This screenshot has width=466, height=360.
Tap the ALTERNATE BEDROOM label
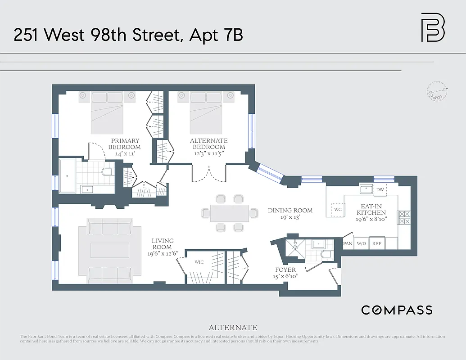click(x=208, y=144)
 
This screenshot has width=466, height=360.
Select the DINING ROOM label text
click(x=290, y=210)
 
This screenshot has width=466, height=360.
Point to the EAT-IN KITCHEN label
click(x=371, y=209)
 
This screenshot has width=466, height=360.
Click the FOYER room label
click(x=285, y=270)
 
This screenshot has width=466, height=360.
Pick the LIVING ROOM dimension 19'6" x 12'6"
click(x=162, y=253)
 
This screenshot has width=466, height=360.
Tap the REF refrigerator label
click(x=376, y=243)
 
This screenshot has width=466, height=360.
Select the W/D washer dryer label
click(x=361, y=243)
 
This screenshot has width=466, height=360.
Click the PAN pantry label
click(x=348, y=243)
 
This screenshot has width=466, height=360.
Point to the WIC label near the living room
click(x=199, y=262)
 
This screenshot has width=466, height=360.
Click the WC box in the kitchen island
click(x=338, y=210)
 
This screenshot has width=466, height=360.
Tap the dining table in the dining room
click(x=230, y=213)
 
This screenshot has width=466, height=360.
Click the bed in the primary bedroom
click(x=107, y=112)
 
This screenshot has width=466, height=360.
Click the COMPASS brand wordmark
click(x=397, y=310)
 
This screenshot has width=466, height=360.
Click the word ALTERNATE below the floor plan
click(x=233, y=328)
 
